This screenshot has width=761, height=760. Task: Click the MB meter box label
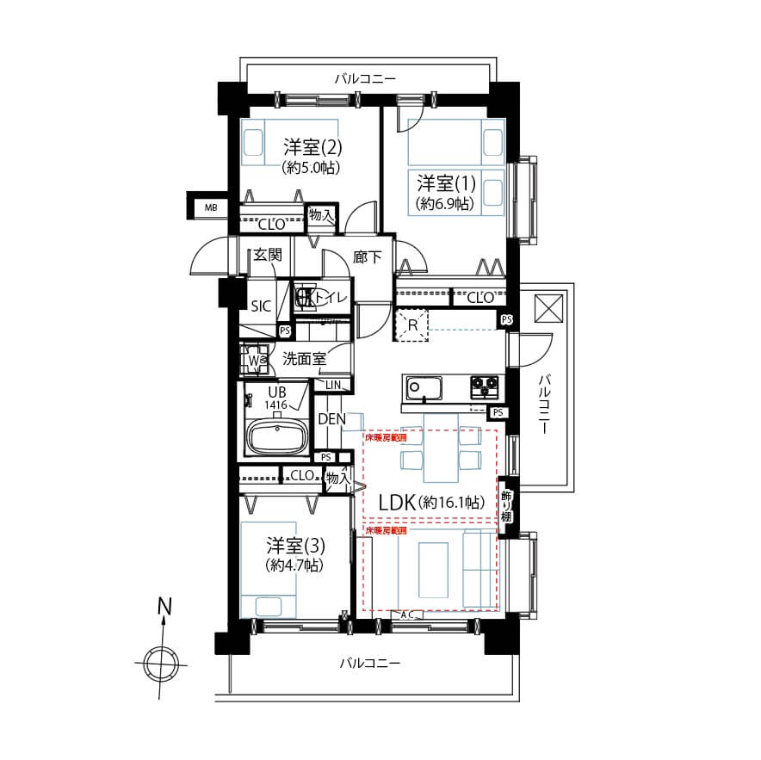210,207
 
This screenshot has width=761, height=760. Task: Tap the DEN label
331,419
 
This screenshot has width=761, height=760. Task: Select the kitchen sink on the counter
423,388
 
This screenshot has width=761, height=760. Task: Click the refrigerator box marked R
412,325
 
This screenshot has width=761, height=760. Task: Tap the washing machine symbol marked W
255,361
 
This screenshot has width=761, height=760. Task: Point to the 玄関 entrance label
268,255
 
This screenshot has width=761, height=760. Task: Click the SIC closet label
260,306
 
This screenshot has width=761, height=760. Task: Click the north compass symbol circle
161,663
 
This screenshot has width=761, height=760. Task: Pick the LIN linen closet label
332,384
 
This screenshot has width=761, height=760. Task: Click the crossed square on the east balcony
548,308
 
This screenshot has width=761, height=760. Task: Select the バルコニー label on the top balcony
365,79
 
